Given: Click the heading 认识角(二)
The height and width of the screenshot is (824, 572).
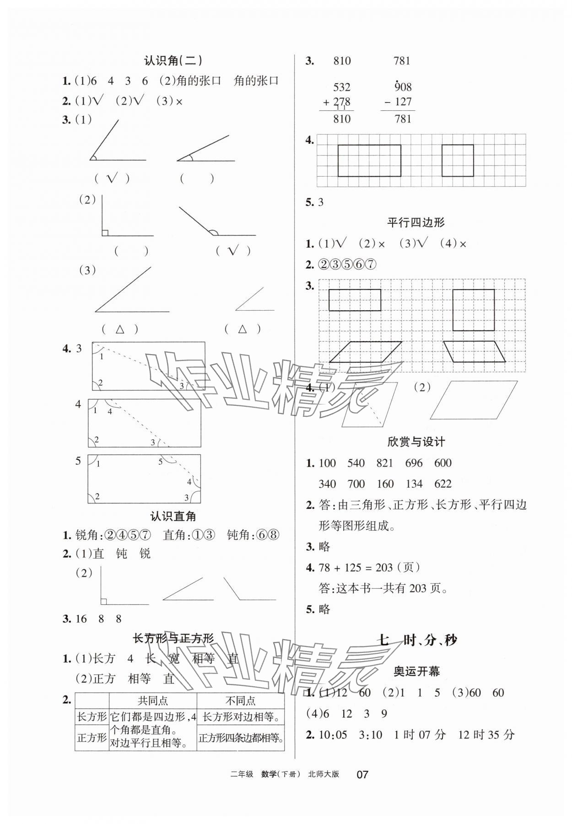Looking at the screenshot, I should (173, 61).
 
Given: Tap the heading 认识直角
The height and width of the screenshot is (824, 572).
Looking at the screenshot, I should (173, 517).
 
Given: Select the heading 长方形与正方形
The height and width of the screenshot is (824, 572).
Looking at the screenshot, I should (173, 638).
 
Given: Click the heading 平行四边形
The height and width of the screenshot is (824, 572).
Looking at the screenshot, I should (416, 223).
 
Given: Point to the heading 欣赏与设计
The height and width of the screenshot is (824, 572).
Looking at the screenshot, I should (416, 442).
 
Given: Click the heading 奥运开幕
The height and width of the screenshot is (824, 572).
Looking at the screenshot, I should (416, 671).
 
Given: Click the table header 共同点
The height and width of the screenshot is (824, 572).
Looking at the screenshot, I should (153, 700).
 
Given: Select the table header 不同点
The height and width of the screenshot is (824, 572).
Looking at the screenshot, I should (240, 700).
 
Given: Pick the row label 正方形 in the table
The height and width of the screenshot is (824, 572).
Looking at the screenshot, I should (92, 737).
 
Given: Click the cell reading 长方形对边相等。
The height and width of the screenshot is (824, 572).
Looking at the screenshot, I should (241, 717).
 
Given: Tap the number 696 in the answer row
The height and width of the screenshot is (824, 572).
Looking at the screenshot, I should (414, 463).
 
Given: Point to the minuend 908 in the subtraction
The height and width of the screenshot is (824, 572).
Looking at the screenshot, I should (403, 87).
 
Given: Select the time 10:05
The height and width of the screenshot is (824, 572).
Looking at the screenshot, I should (332, 735).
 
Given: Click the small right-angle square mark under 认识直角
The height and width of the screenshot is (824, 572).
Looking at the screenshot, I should (104, 602).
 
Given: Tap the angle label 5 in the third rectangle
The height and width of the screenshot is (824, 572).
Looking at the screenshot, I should (160, 462).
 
